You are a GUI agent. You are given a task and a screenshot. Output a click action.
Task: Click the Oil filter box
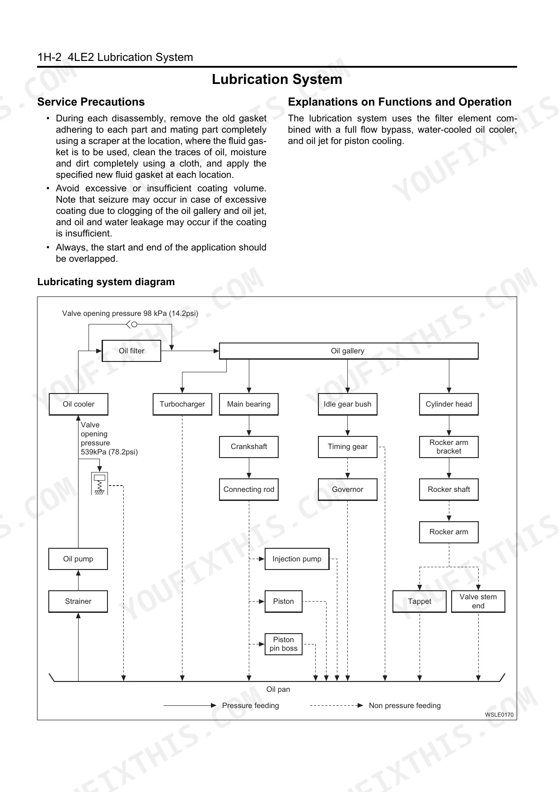tap(131, 351)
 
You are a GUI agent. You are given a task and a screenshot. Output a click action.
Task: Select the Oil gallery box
tap(348, 351)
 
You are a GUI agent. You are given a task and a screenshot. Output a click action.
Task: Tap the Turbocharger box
tap(182, 404)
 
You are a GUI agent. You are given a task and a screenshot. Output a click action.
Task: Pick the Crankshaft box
tap(249, 446)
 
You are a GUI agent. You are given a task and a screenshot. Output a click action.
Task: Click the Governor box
tap(347, 489)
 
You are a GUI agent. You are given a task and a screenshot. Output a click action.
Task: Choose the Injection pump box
tap(297, 559)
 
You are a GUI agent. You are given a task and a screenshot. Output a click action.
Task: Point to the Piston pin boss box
tap(283, 644)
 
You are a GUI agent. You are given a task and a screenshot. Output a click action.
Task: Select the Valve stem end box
tap(478, 601)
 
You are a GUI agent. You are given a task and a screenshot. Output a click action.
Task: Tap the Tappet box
tap(420, 601)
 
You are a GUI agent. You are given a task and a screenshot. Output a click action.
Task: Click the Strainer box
tap(78, 601)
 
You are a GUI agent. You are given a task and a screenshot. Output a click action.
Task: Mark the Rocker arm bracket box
tap(448, 447)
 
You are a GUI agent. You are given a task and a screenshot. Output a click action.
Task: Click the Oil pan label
tap(278, 689)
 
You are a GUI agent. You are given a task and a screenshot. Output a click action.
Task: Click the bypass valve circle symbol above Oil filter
tap(134, 324)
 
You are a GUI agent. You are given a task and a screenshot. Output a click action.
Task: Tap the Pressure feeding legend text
tap(250, 705)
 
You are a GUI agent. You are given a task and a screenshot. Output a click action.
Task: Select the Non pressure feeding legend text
tap(405, 705)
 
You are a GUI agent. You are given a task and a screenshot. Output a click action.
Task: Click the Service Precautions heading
tap(91, 102)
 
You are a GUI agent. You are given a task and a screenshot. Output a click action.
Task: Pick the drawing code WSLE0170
tap(499, 715)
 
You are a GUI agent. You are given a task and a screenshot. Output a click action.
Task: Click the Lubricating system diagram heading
tap(106, 282)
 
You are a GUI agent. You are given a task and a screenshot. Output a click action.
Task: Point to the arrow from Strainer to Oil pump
tap(78, 579)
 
